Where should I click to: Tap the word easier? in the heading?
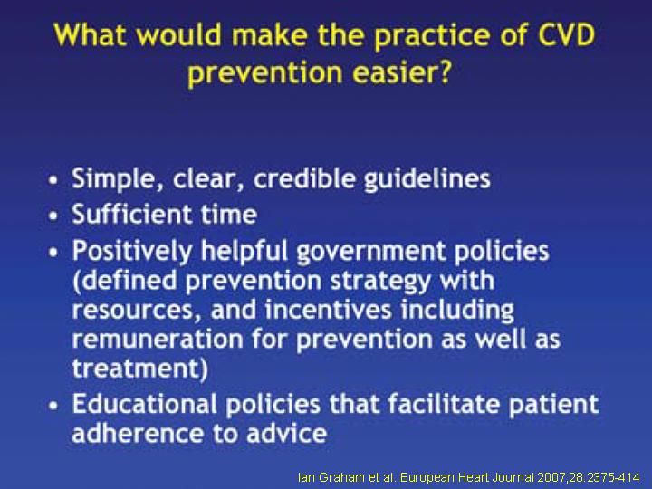(x=402, y=72)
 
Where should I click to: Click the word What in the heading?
(x=90, y=34)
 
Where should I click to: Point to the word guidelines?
(x=427, y=179)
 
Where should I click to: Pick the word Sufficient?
(x=132, y=214)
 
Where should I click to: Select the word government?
(x=371, y=252)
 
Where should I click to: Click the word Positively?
(x=132, y=252)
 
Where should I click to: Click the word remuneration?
(x=158, y=340)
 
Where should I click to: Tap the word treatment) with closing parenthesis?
(x=140, y=369)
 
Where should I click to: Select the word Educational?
(x=145, y=404)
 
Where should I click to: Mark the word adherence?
(x=138, y=433)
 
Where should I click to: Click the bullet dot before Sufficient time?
(x=53, y=216)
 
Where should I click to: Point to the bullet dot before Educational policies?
(x=53, y=406)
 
